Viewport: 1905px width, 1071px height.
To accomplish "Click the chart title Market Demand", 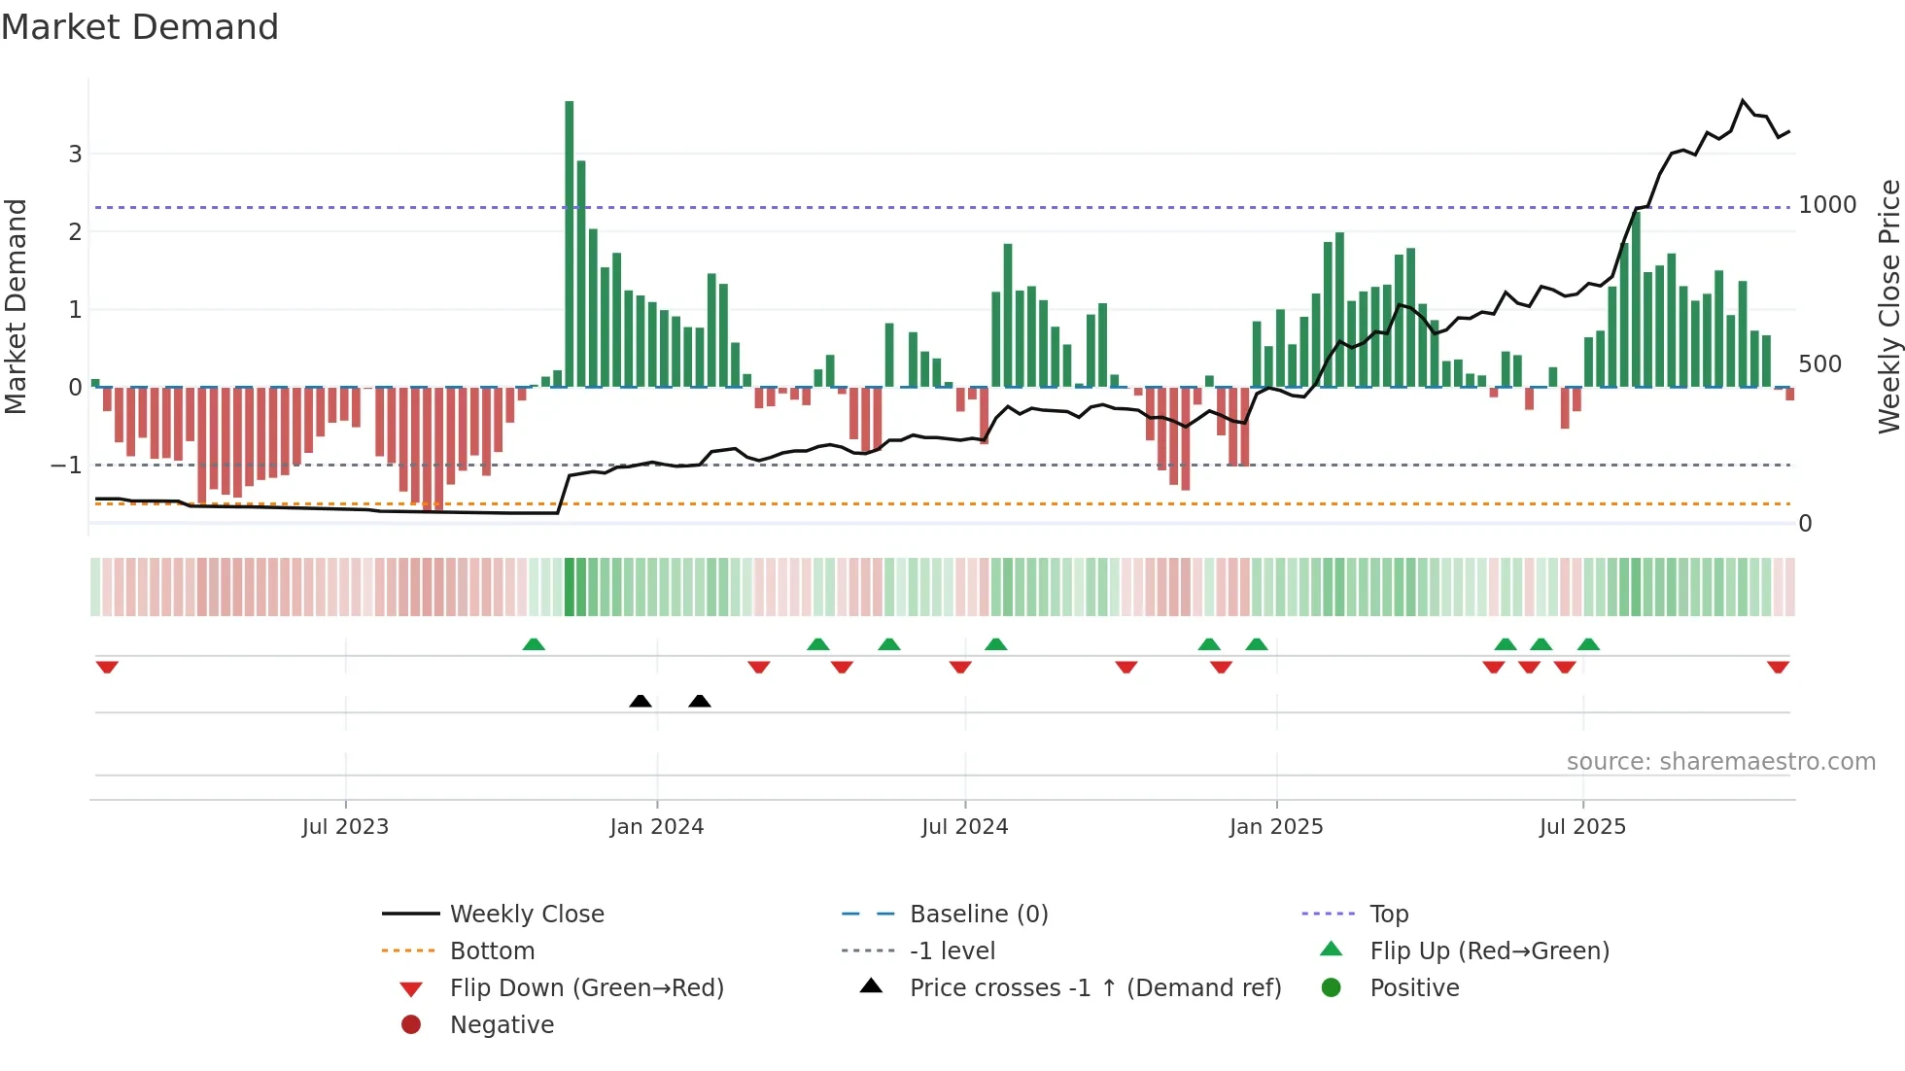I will (140, 27).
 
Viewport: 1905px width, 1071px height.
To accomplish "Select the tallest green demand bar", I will (570, 243).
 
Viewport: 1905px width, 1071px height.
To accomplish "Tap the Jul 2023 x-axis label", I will (345, 827).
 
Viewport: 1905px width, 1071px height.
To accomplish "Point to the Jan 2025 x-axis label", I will (1276, 827).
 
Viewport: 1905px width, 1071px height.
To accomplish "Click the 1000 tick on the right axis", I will (1827, 205).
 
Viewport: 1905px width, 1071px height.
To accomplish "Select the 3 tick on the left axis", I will (75, 154).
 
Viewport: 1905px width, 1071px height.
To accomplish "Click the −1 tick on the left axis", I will (66, 466).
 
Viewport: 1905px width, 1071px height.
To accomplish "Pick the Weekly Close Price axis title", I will (1888, 306).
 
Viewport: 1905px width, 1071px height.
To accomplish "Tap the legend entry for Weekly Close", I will (526, 915).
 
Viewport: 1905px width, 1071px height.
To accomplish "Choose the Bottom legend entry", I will (492, 951).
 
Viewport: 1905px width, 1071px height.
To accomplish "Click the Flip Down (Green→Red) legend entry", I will (586, 988).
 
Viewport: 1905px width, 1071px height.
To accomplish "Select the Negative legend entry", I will (502, 1025).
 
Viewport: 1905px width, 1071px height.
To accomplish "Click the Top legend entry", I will (1389, 915).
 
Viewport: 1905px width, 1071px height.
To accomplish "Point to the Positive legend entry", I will (1414, 988).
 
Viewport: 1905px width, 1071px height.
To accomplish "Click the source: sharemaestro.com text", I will (1720, 762).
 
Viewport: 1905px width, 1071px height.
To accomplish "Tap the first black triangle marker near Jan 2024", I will (641, 701).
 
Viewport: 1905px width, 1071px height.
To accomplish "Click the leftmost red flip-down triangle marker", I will (107, 667).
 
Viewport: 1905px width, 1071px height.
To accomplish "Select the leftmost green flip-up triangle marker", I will (534, 644).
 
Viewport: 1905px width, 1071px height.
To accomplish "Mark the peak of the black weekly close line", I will (1743, 100).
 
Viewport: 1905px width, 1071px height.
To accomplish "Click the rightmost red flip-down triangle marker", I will (1778, 667).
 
